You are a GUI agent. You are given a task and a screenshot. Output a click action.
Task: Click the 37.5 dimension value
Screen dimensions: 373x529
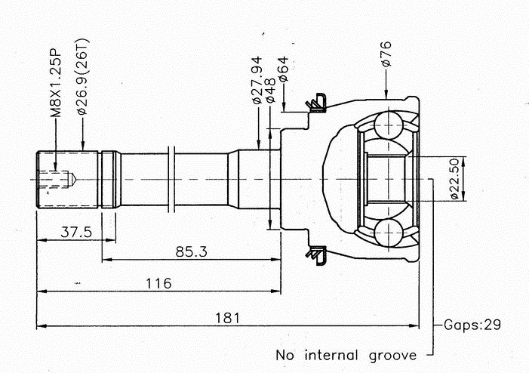pos(75,233)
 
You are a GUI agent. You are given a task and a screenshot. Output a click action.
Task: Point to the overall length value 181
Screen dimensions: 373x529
pos(226,318)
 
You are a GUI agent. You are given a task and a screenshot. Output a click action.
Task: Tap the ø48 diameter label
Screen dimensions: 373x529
pos(270,90)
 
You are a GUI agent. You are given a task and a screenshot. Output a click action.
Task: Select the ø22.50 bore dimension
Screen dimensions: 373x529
pos(454,179)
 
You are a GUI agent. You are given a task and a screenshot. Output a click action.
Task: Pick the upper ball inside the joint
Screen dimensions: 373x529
pos(389,124)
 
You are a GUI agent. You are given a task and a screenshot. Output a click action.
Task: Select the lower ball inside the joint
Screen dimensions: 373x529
pos(389,233)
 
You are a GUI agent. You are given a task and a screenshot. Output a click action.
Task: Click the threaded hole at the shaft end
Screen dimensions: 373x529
pos(57,179)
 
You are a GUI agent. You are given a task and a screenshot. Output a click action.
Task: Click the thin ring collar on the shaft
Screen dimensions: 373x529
pos(174,179)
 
